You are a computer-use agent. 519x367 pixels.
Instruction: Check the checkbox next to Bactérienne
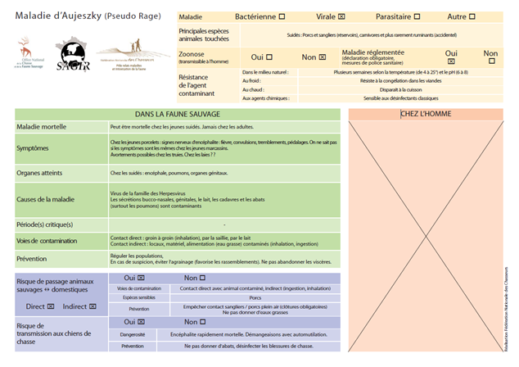point(282,16)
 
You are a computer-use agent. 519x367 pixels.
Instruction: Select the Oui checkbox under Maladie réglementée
point(450,61)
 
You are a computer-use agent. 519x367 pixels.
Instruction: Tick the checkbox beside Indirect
point(93,306)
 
